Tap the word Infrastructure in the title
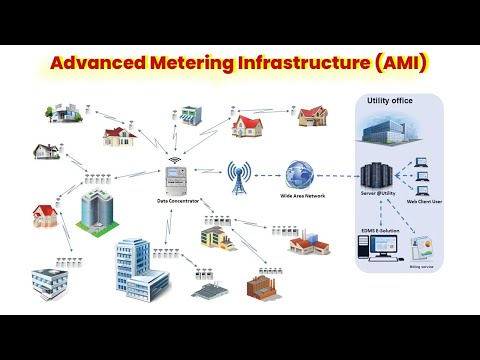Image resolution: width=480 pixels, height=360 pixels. point(309,64)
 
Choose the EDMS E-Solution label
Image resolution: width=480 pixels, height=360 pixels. point(381,231)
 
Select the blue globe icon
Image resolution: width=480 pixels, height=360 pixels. point(299,175)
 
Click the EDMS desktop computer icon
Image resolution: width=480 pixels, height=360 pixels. point(380,253)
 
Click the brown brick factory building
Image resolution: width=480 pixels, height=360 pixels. point(263,286)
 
